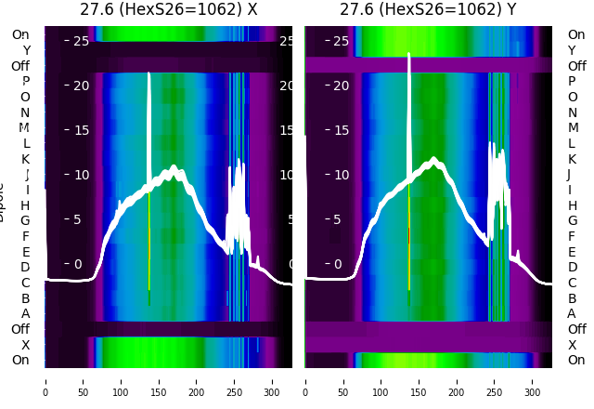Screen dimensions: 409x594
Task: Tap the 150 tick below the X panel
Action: [x=159, y=380]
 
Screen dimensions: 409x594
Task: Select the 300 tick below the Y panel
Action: [x=532, y=380]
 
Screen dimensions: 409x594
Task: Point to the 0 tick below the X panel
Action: [x=45, y=380]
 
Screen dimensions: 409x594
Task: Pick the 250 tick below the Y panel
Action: [x=495, y=380]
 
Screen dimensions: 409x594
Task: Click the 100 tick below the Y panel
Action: [x=381, y=380]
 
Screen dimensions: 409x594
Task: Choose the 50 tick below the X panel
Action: [x=83, y=380]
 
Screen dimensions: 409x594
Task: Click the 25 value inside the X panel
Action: [x=80, y=41]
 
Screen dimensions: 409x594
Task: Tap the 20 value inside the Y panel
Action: [x=341, y=86]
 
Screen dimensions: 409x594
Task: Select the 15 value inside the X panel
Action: [x=80, y=130]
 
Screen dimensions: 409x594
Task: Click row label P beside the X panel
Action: [x=26, y=82]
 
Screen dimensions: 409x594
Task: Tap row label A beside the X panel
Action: [x=26, y=313]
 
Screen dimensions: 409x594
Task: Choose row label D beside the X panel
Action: [x=26, y=268]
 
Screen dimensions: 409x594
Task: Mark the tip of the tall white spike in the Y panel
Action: [x=409, y=54]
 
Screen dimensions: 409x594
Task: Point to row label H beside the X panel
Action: [x=26, y=205]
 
